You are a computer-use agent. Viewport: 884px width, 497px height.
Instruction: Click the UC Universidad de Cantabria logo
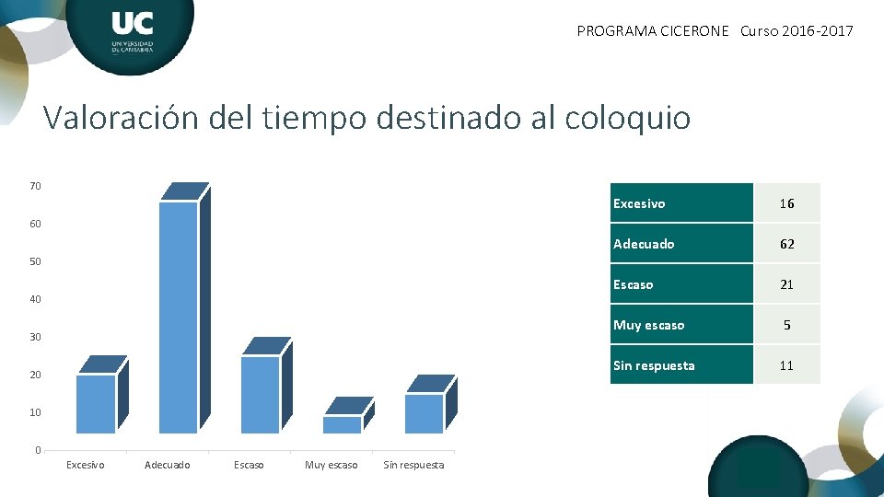coord(132,32)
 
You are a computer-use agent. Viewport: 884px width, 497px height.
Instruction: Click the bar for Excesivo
coord(96,402)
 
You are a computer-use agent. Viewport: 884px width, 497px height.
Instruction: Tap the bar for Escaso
coord(261,393)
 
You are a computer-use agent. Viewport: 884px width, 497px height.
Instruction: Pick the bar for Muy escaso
coord(343,423)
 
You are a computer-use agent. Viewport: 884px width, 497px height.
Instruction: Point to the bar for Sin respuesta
coord(425,412)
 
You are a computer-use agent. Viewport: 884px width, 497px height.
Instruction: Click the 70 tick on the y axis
coord(35,187)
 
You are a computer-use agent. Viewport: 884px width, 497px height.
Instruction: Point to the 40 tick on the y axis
coord(35,300)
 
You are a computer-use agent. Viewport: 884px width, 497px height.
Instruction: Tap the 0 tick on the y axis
coord(38,450)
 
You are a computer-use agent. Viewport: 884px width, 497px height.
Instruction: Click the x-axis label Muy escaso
coord(331,466)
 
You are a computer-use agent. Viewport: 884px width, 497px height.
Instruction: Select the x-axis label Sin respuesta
coord(413,466)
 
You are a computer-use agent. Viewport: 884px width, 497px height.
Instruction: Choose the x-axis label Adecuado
coord(168,466)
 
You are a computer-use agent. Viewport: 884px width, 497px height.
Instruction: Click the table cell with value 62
coord(786,244)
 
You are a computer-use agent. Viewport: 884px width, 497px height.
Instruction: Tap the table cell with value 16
coord(786,203)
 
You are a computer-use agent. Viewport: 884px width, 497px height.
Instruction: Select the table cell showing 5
coord(786,325)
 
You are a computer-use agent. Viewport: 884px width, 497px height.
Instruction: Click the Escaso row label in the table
coord(634,284)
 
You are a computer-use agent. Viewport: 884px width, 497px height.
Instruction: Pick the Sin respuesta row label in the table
coord(654,365)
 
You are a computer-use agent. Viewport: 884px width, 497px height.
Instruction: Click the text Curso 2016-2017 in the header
coord(797,31)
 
